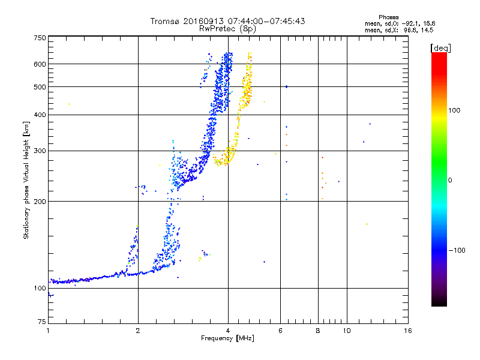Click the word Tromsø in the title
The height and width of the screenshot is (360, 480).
[x=163, y=21]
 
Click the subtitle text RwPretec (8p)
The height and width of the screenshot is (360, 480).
[x=228, y=28]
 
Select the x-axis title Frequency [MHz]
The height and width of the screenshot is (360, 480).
[x=227, y=339]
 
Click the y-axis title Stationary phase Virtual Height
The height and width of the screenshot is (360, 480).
[x=26, y=180]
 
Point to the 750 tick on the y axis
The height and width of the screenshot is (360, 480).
[x=40, y=38]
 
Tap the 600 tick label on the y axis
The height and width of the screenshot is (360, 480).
[x=40, y=64]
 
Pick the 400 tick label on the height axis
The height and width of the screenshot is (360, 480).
[x=40, y=115]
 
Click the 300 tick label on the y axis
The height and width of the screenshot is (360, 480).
[x=40, y=151]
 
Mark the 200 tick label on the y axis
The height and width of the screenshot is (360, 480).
[x=40, y=202]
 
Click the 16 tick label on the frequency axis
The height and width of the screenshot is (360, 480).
[x=407, y=331]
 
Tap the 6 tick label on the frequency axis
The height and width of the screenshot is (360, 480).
[x=280, y=331]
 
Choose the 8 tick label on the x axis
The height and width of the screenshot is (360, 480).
[x=318, y=331]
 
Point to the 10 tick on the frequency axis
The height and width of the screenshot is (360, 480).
[x=346, y=331]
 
